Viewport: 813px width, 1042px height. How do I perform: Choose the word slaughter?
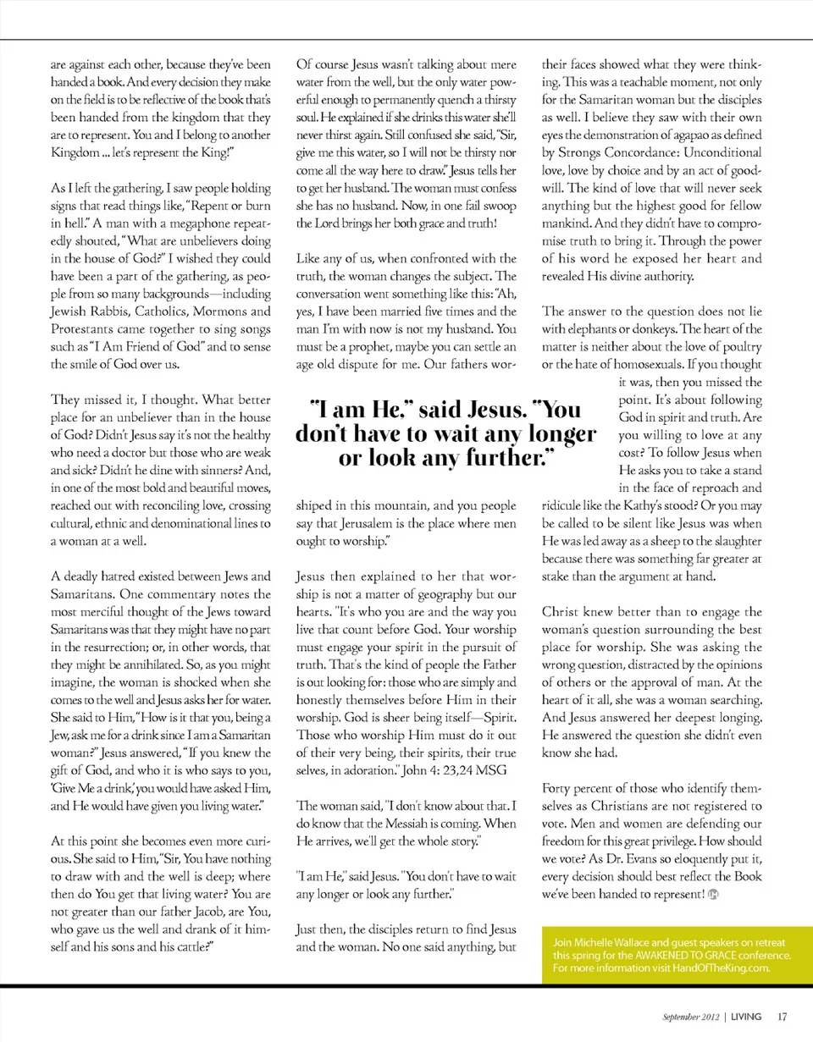[732, 540]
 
